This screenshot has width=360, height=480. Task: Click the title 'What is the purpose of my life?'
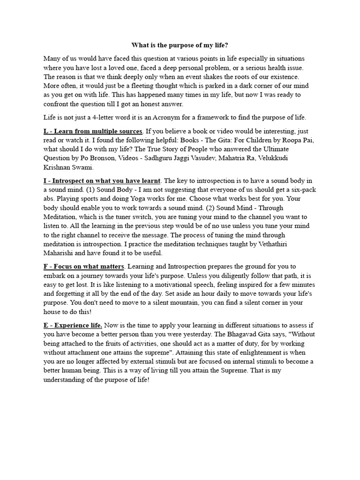[x=180, y=45]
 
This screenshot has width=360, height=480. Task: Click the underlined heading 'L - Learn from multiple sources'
[x=93, y=131]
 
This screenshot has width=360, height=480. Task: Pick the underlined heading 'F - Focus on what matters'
[x=84, y=267]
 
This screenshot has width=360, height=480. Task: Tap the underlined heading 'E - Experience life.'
[x=73, y=325]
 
